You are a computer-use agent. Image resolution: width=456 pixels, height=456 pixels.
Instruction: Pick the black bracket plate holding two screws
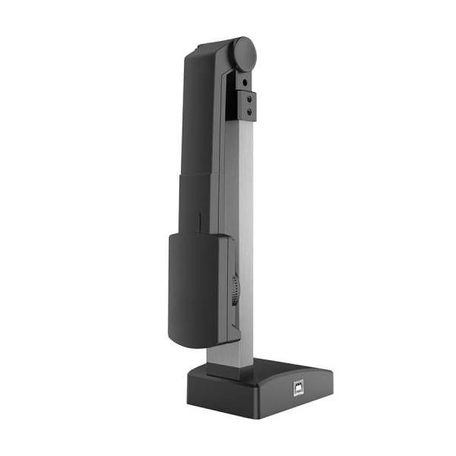point(247,106)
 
